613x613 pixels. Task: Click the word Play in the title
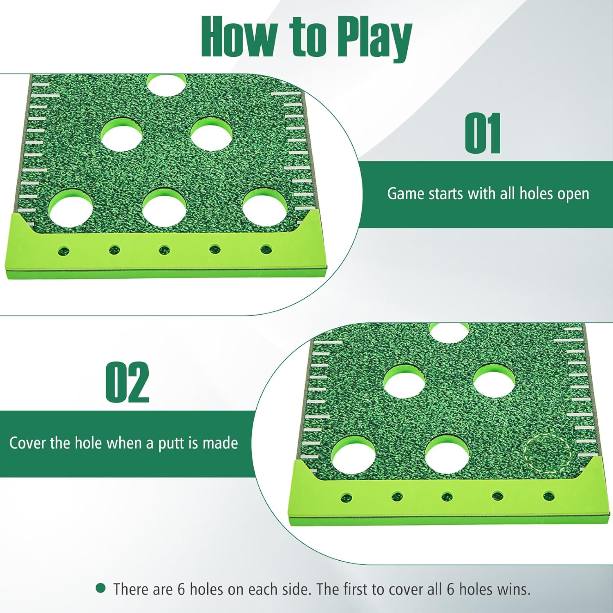(x=374, y=38)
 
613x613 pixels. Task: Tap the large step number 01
(x=483, y=134)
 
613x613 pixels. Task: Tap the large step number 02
(x=127, y=383)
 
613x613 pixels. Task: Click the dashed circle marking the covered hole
(x=547, y=453)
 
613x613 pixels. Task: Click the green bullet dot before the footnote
(x=101, y=588)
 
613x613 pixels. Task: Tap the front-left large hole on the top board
(x=70, y=208)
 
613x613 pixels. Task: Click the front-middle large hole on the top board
(x=165, y=208)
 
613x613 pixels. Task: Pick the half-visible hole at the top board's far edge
(x=167, y=85)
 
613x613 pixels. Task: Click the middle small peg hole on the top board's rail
(x=164, y=249)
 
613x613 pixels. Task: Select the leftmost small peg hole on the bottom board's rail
(x=347, y=497)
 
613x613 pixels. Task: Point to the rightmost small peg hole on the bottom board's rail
(x=548, y=497)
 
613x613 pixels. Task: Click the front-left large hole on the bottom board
(x=353, y=455)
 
